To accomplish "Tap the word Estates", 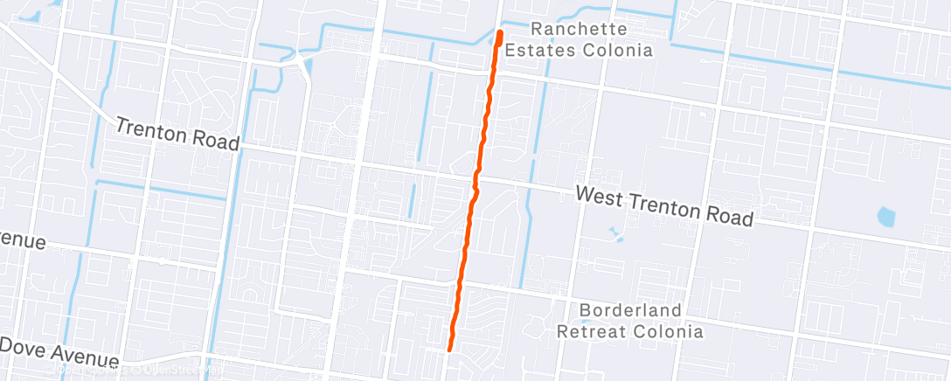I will tap(558, 50).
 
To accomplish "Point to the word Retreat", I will tap(590, 331).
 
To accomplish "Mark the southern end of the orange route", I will tap(450, 349).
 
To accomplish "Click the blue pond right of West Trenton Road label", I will tap(886, 215).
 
